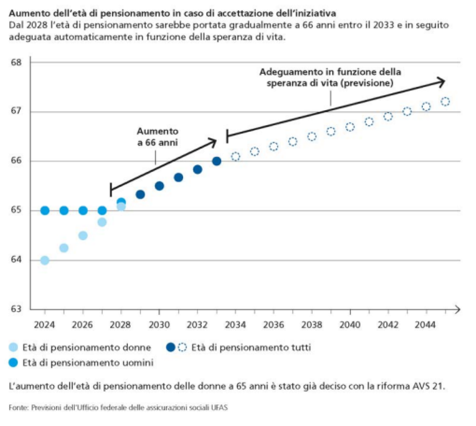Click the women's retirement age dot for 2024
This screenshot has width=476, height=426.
pos(45,260)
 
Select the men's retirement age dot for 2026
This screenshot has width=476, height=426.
pos(83,210)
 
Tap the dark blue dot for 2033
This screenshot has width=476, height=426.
pos(216,161)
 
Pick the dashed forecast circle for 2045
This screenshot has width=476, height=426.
pos(445,102)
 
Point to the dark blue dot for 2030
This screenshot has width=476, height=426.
pos(159,186)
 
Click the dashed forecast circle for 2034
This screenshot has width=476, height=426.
pos(236,157)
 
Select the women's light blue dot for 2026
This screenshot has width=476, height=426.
pos(83,235)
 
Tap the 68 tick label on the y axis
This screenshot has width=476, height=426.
pos(16,62)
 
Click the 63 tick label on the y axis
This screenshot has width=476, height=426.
pos(16,309)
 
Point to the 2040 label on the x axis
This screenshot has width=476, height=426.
pos(350,325)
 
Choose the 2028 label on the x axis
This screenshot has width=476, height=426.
pos(120,325)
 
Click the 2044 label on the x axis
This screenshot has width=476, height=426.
pos(425,325)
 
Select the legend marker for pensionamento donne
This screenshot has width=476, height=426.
pos(14,347)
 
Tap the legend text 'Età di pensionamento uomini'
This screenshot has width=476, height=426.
pos(88,363)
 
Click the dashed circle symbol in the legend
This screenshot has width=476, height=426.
pos(182,347)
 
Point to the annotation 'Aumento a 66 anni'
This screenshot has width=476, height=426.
pos(157,137)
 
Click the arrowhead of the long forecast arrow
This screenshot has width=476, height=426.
pos(441,81)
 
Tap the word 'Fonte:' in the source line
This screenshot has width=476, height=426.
pos(18,407)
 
